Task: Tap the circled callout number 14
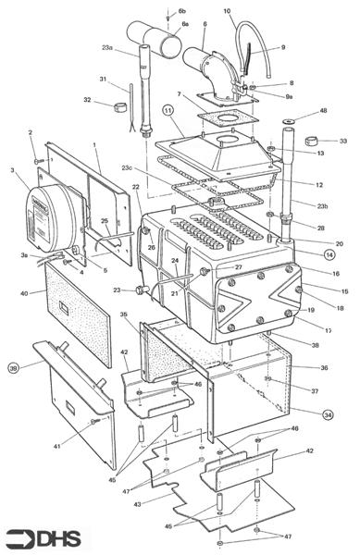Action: point(329,253)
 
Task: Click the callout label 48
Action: point(323,111)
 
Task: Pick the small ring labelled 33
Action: point(313,142)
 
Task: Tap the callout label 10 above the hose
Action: point(228,11)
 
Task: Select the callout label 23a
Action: point(108,48)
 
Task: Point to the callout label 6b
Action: point(182,10)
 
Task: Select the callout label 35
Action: point(124,315)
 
